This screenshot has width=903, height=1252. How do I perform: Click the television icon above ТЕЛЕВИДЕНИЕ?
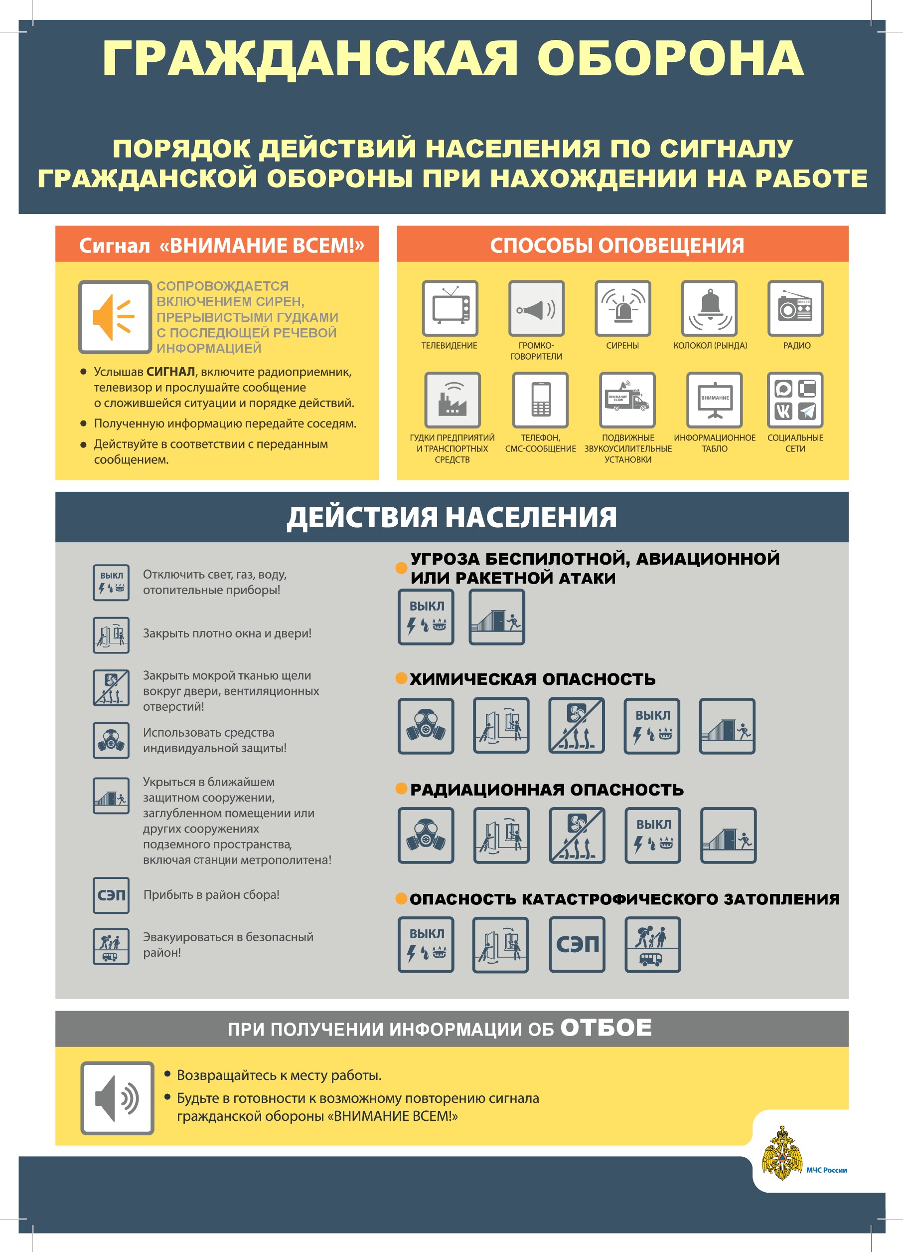click(450, 308)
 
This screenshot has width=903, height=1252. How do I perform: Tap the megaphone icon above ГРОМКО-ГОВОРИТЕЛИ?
click(536, 308)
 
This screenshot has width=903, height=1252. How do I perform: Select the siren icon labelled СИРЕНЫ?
click(623, 308)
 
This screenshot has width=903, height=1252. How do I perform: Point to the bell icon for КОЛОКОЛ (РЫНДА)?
click(709, 308)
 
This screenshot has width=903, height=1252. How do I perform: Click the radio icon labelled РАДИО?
click(795, 308)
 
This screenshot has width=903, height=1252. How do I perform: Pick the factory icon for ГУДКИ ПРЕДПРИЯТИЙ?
click(452, 400)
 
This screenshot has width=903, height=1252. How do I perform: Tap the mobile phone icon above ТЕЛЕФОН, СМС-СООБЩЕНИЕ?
click(540, 400)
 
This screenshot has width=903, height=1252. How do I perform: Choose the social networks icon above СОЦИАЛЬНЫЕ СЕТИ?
click(795, 400)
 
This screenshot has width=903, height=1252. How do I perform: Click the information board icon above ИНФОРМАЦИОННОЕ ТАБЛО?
click(714, 400)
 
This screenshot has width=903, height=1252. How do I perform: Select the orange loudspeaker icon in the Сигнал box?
click(115, 317)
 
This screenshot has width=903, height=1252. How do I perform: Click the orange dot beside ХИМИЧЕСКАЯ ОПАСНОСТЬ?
click(402, 678)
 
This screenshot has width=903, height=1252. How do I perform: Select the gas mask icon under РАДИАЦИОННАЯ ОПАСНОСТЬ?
click(426, 835)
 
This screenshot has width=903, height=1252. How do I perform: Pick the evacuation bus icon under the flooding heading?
click(652, 945)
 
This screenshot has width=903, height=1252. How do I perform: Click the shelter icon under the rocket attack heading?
click(497, 617)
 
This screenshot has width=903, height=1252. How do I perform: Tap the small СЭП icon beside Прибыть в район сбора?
click(111, 895)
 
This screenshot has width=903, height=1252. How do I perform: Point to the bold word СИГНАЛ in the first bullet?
click(170, 372)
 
